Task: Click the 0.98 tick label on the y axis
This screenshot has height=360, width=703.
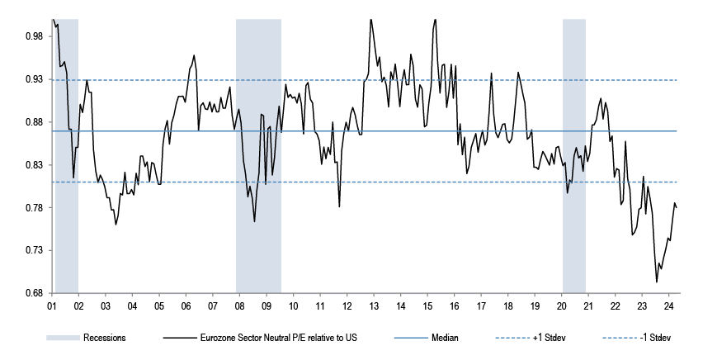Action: pos(35,36)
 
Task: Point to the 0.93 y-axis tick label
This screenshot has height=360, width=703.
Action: pos(35,79)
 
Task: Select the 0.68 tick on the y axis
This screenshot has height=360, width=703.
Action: pos(35,293)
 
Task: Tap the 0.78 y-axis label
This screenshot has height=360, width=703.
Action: pos(35,208)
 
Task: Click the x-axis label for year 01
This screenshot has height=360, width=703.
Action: pos(52,306)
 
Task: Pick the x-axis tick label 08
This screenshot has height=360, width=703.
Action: pos(238,306)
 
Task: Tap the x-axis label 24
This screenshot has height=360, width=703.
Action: pos(668,306)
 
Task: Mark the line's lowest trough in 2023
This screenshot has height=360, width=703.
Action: pos(657,282)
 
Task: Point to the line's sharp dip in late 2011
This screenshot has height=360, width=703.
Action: pos(339,206)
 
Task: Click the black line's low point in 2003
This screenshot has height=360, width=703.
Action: pos(116,225)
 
